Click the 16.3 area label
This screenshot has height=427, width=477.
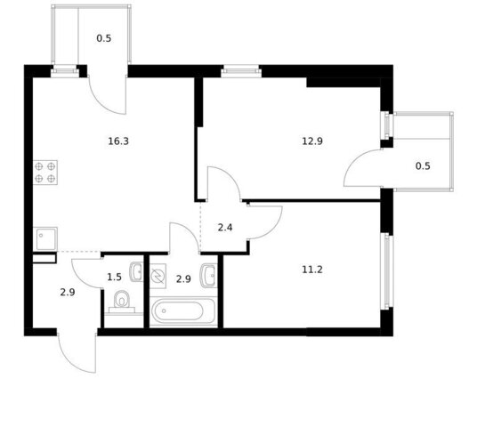(x=118, y=141)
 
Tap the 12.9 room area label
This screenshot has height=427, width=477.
(x=312, y=141)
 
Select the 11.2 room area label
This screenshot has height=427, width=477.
(x=312, y=270)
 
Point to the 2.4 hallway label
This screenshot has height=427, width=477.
(x=225, y=228)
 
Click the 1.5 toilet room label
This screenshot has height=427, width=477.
(x=115, y=278)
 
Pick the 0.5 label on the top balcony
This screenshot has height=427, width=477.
(x=104, y=38)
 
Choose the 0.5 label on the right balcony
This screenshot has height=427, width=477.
(x=423, y=166)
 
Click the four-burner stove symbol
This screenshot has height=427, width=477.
(x=45, y=173)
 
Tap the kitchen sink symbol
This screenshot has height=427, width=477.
(x=45, y=238)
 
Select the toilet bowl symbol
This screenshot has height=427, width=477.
(x=122, y=301)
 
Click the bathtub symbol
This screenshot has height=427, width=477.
(x=183, y=311)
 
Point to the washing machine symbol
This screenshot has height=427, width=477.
(x=158, y=276)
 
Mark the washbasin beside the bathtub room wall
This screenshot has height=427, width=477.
(x=208, y=276)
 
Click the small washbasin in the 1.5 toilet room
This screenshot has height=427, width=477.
(x=136, y=271)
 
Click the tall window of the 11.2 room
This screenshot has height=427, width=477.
(x=387, y=271)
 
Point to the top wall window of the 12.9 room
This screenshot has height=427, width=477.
(x=241, y=72)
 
